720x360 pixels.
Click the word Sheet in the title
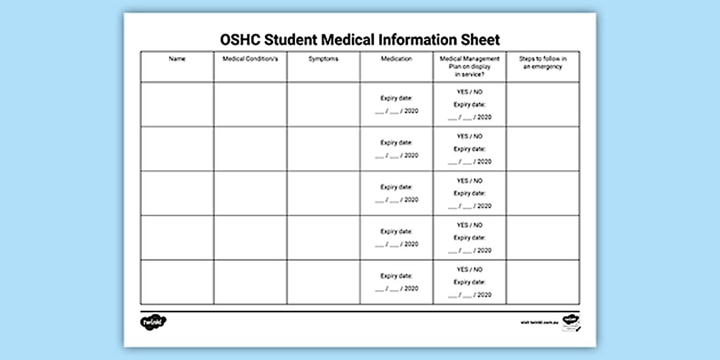coord(481,39)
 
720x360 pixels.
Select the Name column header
coord(177,59)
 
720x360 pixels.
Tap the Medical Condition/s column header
coord(250,59)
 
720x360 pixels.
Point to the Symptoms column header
coord(323,59)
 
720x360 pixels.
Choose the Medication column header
coord(396,59)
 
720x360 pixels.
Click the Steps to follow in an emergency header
coord(542,62)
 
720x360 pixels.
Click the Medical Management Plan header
coord(469,66)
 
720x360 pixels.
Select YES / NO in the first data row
coord(469,92)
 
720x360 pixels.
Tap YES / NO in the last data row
coord(469,269)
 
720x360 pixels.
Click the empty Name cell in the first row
coord(177,104)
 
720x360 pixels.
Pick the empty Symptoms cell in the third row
coord(323,193)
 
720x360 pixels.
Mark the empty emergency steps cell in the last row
coord(542,282)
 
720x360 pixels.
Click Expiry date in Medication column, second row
coord(396,143)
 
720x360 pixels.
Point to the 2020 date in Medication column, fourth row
coord(411,244)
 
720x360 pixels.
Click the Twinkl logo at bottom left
coord(153,322)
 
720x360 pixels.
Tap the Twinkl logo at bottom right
coord(570,319)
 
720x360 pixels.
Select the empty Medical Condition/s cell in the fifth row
coord(250,282)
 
